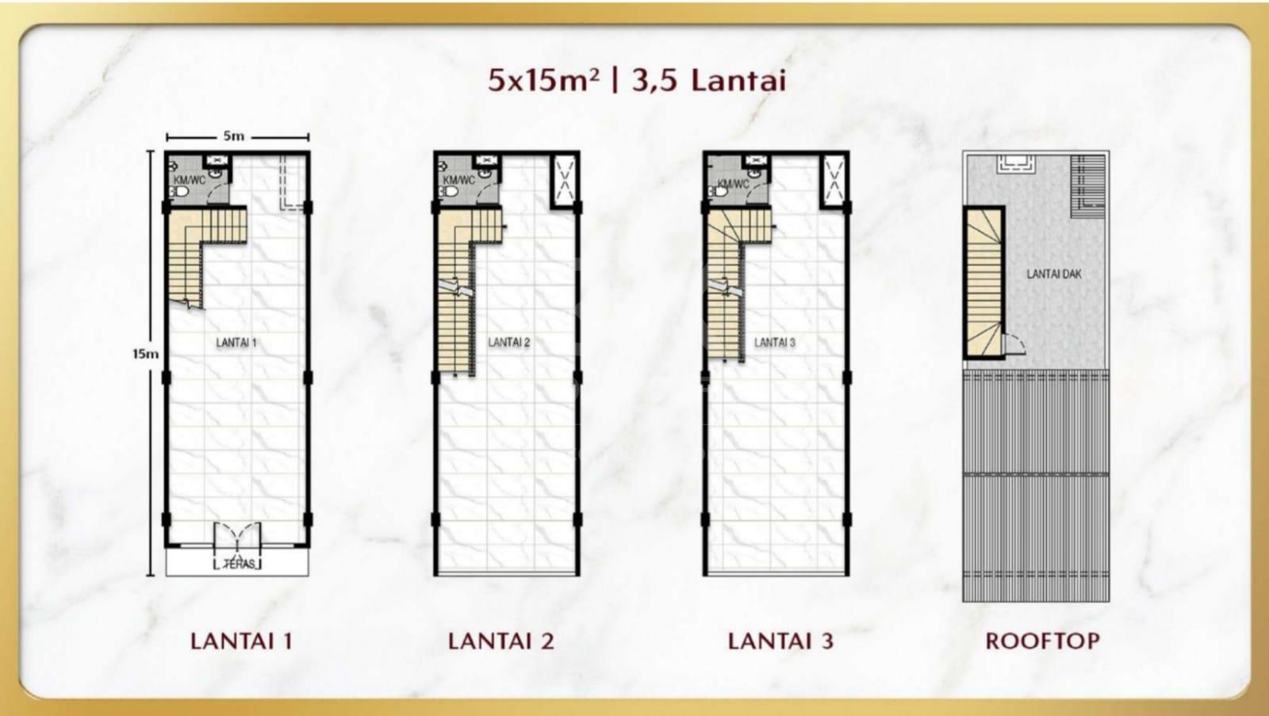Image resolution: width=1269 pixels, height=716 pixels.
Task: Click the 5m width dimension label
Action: point(233,136)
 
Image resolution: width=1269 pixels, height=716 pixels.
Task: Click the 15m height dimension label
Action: point(146,354)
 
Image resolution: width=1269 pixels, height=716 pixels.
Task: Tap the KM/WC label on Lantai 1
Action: point(190,180)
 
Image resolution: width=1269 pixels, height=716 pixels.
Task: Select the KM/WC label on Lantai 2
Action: point(459,180)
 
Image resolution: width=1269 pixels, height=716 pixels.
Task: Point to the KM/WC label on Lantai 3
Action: point(733,184)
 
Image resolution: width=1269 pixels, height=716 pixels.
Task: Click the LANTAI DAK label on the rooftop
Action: point(1054,274)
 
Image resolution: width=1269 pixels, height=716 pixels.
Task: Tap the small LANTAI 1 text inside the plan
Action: point(236,343)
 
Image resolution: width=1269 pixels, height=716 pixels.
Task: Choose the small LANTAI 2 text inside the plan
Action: point(508,343)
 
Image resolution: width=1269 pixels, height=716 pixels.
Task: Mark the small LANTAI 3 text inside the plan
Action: point(774,343)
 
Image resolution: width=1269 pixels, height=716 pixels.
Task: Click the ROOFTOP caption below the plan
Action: point(1042,641)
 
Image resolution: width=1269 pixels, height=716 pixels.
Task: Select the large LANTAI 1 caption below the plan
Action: point(241,641)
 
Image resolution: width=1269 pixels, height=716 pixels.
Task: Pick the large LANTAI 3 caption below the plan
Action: point(780,641)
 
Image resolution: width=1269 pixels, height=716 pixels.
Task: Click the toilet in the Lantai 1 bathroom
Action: point(179,192)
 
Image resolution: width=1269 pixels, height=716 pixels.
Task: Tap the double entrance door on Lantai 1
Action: point(237,538)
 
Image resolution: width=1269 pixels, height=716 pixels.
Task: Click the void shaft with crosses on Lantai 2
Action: point(565,180)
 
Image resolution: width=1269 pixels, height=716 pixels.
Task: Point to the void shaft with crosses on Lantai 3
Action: point(834,180)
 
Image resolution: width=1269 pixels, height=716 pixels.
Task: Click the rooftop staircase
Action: point(983,282)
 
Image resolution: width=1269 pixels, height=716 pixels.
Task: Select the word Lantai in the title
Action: point(738,80)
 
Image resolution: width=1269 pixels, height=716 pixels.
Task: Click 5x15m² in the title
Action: point(542,80)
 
